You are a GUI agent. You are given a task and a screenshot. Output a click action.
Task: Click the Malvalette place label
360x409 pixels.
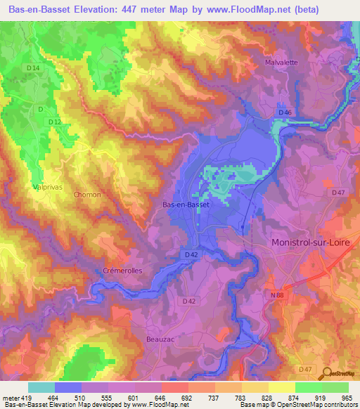(x=282, y=62)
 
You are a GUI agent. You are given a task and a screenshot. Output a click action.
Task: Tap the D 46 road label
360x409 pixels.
(x=285, y=112)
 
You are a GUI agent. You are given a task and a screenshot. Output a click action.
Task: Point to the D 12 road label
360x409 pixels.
(x=56, y=122)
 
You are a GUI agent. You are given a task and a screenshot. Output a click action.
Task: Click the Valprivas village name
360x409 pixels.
(x=49, y=187)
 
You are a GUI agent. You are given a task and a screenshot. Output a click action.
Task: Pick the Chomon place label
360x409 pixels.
(x=88, y=195)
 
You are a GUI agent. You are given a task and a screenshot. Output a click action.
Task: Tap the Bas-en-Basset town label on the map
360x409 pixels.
(x=186, y=204)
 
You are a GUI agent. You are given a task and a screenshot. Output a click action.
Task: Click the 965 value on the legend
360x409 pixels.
(x=347, y=398)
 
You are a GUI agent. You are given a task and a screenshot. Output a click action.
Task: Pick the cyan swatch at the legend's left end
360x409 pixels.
(x=41, y=387)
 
